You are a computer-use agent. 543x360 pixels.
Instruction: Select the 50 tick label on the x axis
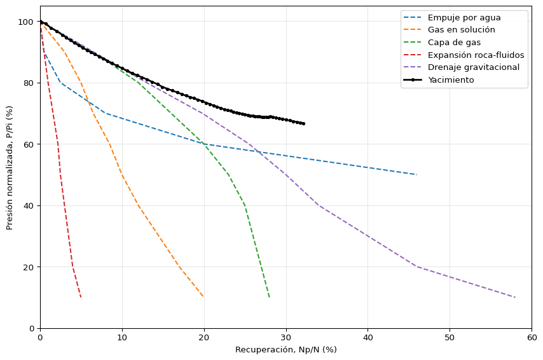click(450, 338)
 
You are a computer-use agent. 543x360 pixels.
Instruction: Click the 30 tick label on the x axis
click(286, 338)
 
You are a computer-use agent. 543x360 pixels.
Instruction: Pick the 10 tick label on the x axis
click(122, 338)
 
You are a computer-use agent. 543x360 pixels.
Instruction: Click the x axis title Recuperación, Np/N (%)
click(286, 350)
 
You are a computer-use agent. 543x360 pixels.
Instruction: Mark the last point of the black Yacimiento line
click(304, 123)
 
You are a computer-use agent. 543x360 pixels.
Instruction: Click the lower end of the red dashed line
click(81, 298)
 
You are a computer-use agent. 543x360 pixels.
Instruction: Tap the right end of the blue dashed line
click(416, 175)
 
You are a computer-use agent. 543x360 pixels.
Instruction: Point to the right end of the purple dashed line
click(515, 297)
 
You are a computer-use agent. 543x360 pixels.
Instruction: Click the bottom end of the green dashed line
click(270, 298)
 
